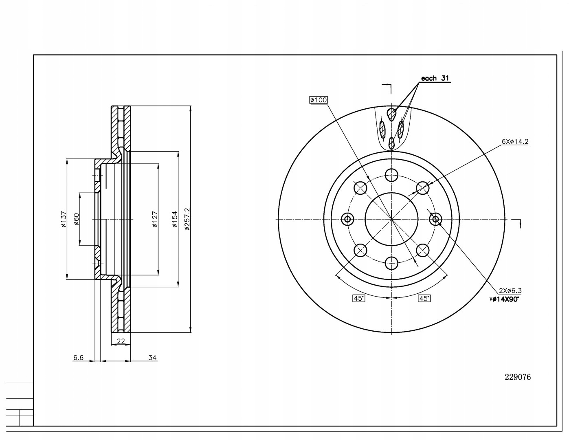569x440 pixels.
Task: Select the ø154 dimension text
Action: coord(175,219)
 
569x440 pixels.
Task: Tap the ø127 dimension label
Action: coord(155,219)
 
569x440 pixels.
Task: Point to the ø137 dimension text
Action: coord(64,219)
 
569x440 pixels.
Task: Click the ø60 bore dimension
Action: coord(76,219)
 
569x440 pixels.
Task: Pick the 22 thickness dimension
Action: coord(121,341)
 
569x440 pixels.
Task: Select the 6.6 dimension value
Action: coord(78,358)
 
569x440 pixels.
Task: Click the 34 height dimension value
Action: coord(152,358)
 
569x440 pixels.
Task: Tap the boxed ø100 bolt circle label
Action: coord(319,100)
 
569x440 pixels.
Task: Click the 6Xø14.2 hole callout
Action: coord(515,141)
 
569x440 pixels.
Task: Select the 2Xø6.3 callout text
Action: coord(510,290)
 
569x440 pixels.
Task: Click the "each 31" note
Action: coord(435,78)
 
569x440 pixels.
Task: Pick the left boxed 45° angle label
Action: coord(359,298)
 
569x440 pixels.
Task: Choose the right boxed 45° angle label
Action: coord(424,298)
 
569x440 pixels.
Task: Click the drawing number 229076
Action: coord(518,377)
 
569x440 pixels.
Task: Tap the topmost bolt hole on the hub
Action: coord(391,175)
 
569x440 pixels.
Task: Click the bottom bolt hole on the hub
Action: coord(391,263)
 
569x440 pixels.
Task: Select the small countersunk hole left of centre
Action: coord(347,219)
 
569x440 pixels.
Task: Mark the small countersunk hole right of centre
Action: coord(435,219)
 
